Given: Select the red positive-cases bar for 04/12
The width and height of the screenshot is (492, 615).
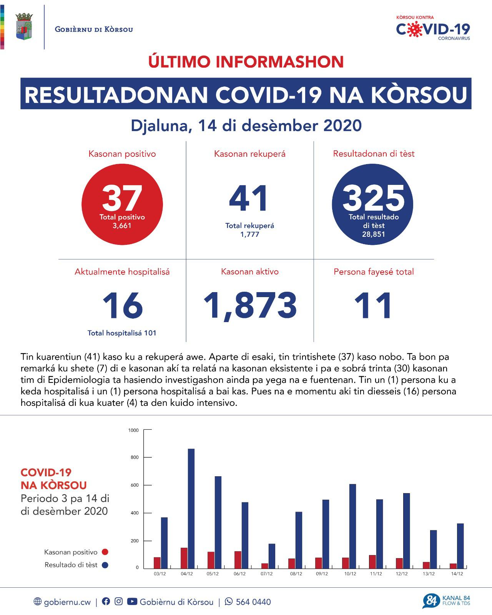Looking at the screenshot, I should click(x=184, y=558).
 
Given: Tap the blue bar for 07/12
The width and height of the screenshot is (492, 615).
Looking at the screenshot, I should click(x=272, y=556).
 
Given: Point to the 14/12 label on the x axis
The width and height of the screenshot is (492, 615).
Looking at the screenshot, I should click(x=457, y=574).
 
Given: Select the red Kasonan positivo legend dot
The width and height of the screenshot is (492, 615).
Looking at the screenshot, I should click(x=105, y=552).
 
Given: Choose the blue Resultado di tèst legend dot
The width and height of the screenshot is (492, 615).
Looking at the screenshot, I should click(x=105, y=565).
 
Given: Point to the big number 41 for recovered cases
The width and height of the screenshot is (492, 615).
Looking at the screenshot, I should click(x=249, y=199).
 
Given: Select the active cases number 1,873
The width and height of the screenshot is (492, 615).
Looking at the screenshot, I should click(x=250, y=306).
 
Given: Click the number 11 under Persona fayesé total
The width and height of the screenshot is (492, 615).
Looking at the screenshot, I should click(x=373, y=306).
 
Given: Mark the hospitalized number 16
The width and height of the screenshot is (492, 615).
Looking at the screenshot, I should click(x=122, y=306).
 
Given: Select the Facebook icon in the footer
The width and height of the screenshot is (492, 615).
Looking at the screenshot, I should click(x=106, y=602).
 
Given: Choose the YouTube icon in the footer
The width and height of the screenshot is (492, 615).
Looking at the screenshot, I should click(x=132, y=602).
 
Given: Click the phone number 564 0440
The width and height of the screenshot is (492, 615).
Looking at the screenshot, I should click(x=253, y=602).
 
